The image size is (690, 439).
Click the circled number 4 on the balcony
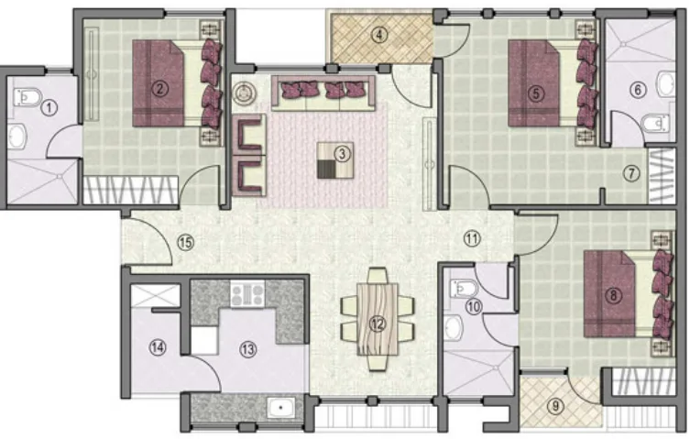click(x=379, y=35)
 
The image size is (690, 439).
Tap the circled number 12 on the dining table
click(x=378, y=324)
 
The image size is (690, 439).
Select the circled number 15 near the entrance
click(x=185, y=242)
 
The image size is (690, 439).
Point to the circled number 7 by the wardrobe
click(x=631, y=173)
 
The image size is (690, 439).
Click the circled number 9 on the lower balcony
click(x=555, y=405)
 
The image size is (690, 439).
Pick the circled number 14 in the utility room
click(x=158, y=347)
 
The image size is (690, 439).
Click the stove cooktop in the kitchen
click(x=247, y=294)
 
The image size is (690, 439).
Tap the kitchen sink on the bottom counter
click(x=280, y=408)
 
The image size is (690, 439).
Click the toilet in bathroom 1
click(x=27, y=97)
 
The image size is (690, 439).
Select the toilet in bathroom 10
click(x=463, y=289)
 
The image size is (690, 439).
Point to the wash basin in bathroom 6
click(x=665, y=84)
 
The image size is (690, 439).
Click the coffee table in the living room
click(x=335, y=160)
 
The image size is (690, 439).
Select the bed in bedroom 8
click(x=629, y=294)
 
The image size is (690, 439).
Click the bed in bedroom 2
click(x=177, y=83)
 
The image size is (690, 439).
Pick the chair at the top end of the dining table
click(x=378, y=276)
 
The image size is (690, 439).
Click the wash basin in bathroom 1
click(x=17, y=136)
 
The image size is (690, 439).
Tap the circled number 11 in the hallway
click(x=472, y=239)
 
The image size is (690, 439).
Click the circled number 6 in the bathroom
click(x=638, y=90)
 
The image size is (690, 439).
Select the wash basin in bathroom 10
click(x=453, y=328)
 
